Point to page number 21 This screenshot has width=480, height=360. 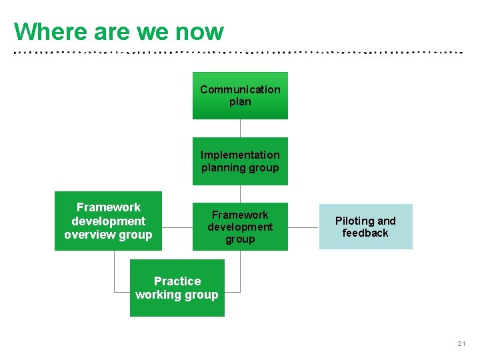point(461,344)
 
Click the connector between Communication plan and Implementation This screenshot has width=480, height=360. point(240,128)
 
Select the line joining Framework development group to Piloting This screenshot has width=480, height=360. point(303,227)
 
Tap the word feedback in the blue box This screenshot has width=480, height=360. point(365,233)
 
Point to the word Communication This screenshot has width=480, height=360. point(240,89)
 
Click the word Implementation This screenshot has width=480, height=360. point(240,155)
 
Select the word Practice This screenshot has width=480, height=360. point(177,281)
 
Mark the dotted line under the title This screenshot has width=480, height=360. point(240,51)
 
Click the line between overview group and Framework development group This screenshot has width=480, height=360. point(177,227)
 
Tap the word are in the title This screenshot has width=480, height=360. point(110,31)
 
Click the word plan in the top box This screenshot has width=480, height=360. point(240,102)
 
